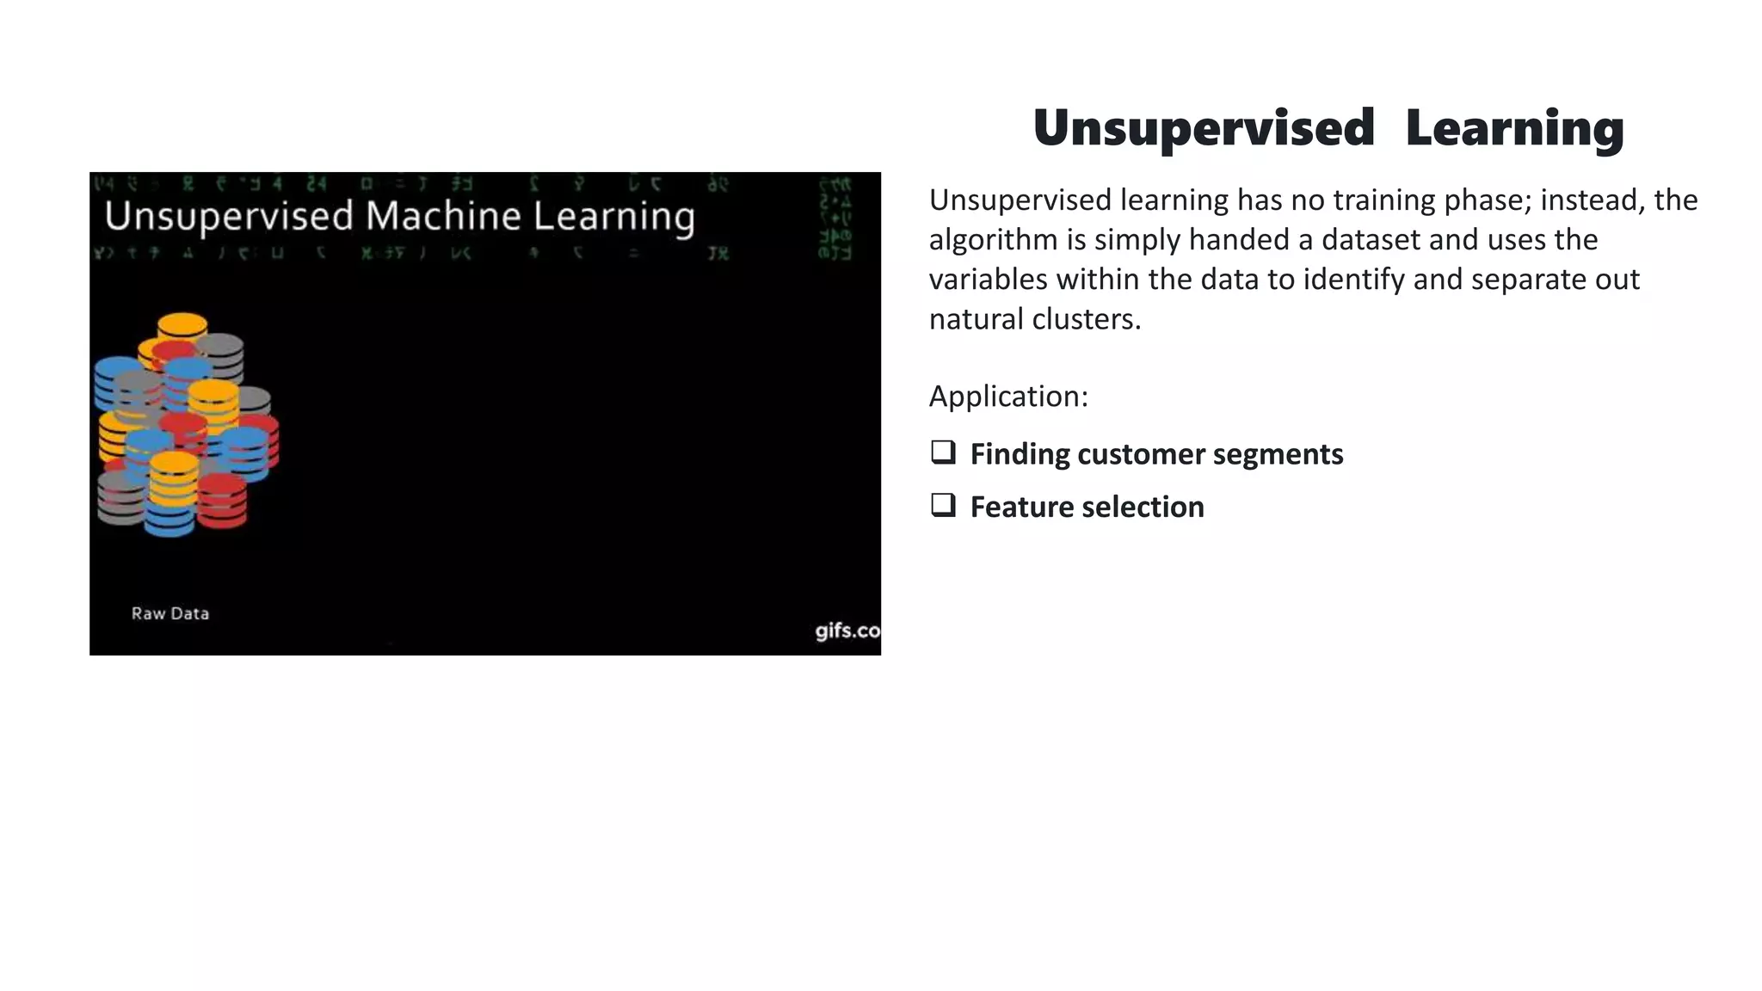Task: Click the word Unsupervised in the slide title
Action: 1203,129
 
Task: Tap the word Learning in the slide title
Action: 1514,129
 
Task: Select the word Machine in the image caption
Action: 442,216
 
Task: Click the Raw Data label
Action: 170,613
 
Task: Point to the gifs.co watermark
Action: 847,631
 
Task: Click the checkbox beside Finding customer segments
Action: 943,452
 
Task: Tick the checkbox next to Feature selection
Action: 943,505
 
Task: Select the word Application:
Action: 1008,397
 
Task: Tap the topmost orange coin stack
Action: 182,327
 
